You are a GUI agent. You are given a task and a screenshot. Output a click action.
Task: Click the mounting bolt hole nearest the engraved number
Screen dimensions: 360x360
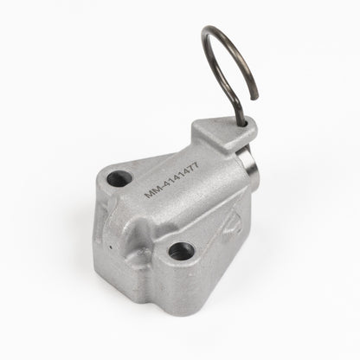(x=119, y=178)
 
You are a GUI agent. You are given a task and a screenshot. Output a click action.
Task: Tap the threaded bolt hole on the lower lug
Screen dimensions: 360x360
(x=181, y=251)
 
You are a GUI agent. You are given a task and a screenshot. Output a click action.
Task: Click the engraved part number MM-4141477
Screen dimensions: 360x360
(x=171, y=181)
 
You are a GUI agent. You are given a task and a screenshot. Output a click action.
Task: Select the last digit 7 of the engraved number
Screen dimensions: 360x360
(x=196, y=166)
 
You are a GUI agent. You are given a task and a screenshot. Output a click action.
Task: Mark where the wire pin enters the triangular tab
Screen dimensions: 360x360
(x=244, y=124)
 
